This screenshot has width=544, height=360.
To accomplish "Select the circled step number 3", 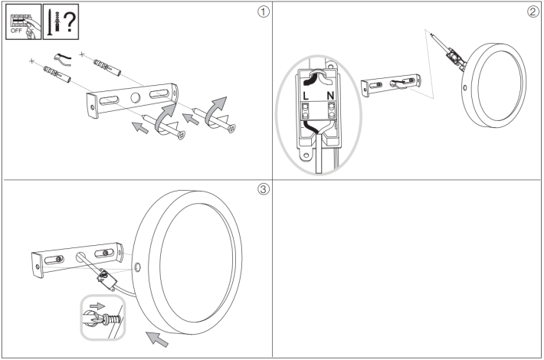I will pyautogui.click(x=263, y=190).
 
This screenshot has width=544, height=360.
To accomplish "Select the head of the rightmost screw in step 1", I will pyautogui.click(x=231, y=128).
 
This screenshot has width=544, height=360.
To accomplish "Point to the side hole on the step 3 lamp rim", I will pyautogui.click(x=137, y=268).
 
